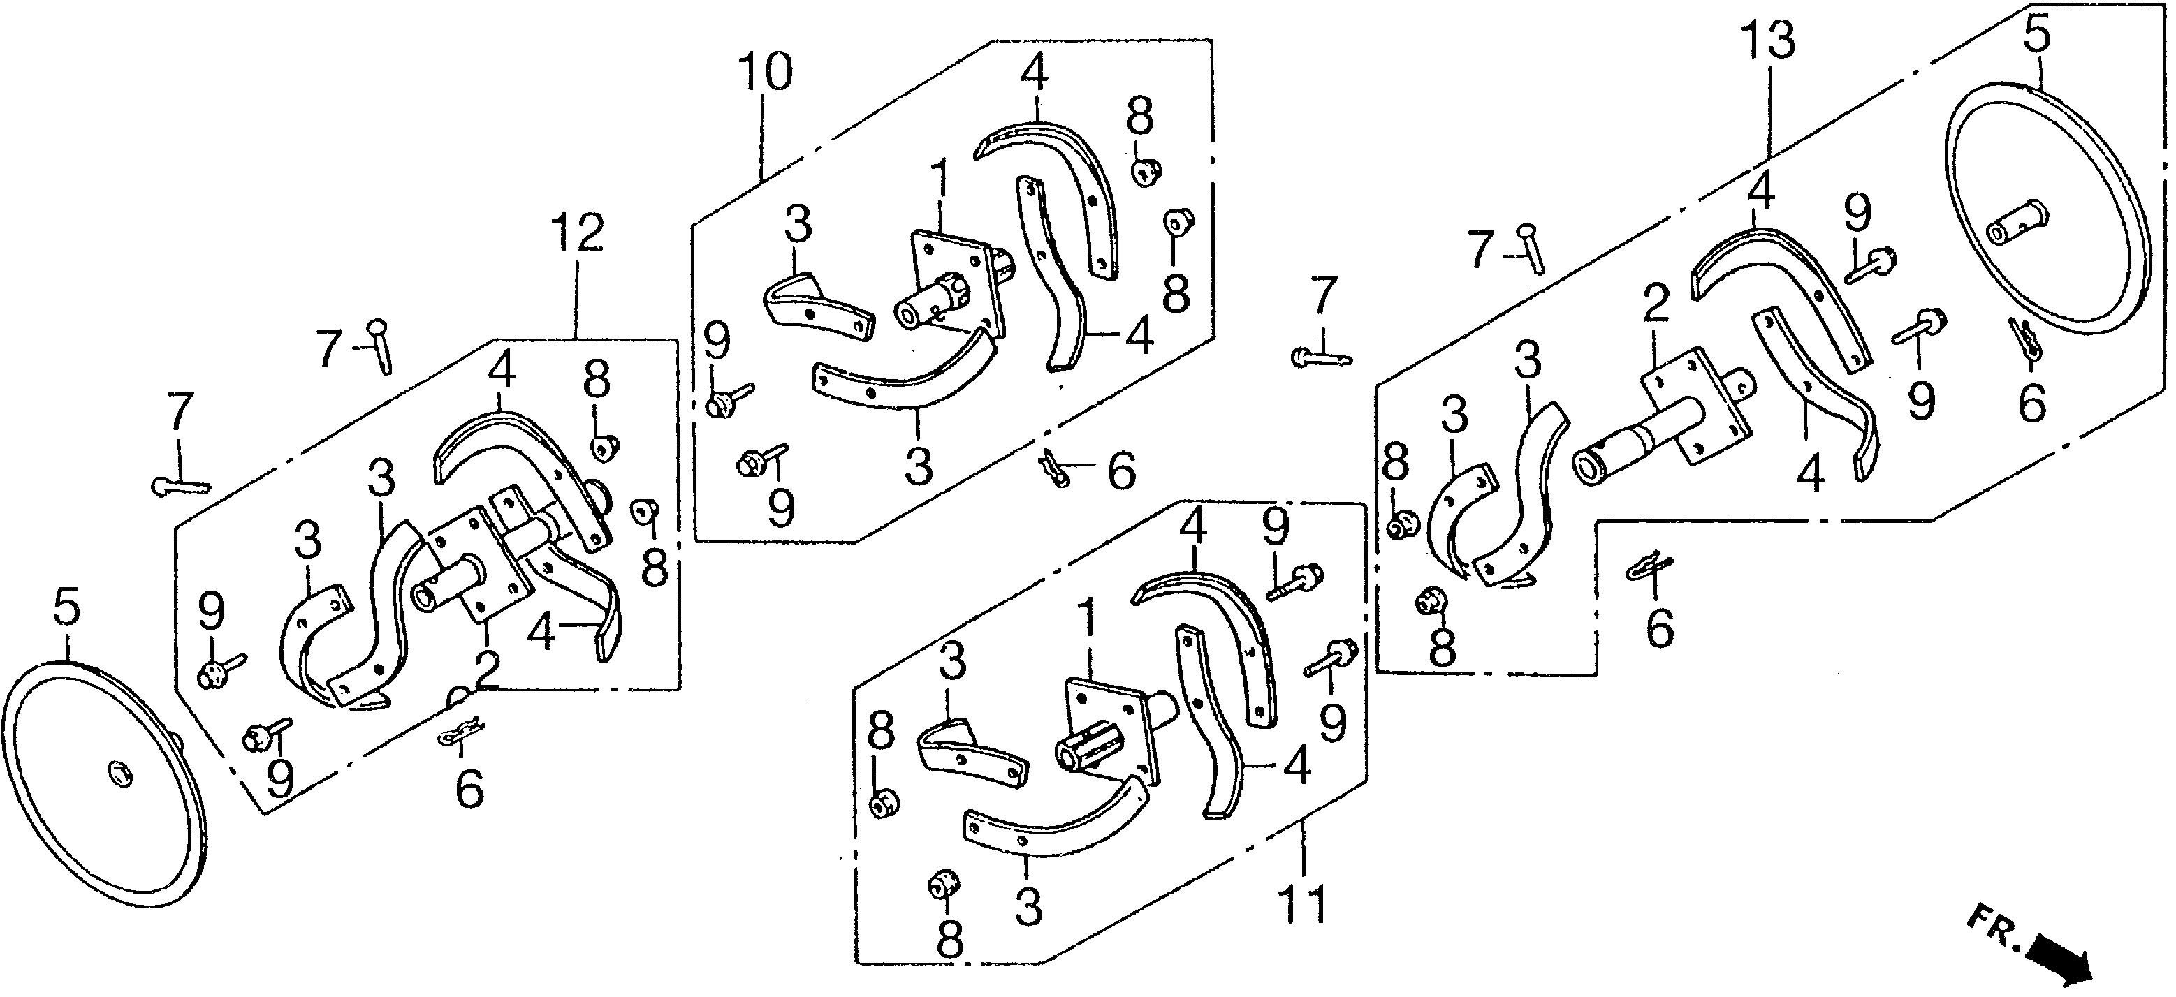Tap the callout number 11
coord(1303,904)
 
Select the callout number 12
coord(578,233)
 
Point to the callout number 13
coord(1771,40)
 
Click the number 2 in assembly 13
coord(1656,305)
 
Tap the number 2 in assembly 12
coord(488,669)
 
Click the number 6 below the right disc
coord(2031,402)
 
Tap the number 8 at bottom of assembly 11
coord(949,936)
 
